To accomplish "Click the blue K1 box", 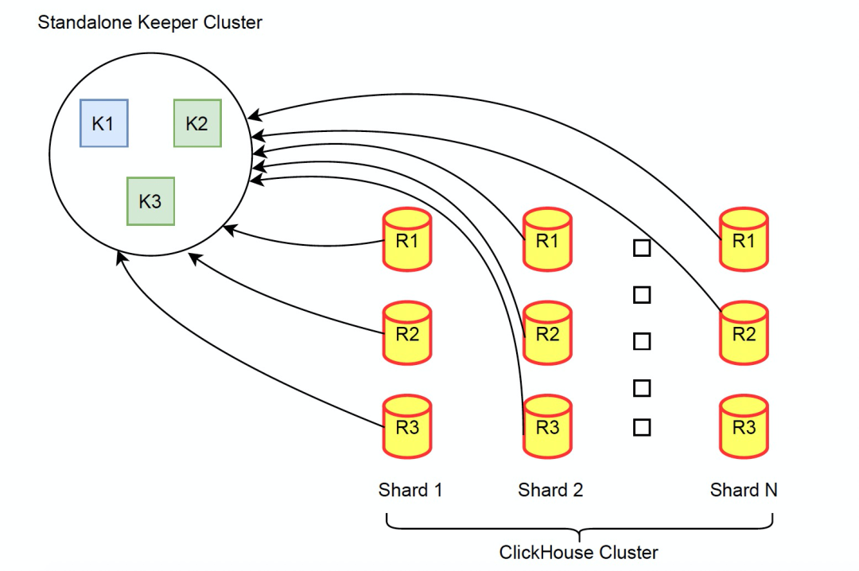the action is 104,123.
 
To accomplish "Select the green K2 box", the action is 198,123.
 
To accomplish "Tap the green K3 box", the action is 150,201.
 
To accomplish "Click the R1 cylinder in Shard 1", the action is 407,239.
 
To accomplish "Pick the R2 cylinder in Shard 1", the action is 407,332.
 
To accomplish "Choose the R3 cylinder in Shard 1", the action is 407,426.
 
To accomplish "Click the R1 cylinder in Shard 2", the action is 547,239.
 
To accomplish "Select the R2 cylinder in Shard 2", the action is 547,332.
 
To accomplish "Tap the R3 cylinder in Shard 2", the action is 547,426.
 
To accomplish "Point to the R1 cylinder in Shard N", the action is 744,239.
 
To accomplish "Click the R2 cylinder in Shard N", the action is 744,332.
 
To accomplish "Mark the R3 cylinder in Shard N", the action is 744,426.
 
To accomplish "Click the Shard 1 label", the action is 410,490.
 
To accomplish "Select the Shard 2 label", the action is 550,490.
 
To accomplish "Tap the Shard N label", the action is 744,490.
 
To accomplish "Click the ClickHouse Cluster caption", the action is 578,553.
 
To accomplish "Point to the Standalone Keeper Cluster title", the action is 150,22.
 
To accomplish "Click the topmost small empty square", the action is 642,248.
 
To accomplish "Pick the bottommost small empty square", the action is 642,427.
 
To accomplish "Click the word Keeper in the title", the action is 168,23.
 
